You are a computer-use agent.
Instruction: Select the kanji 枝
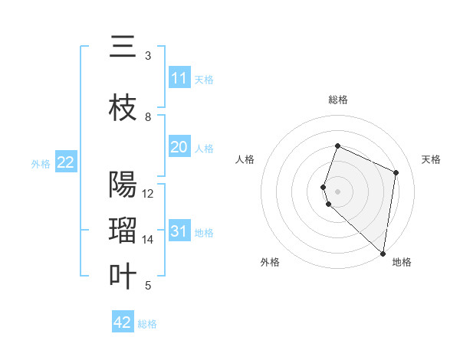point(123,109)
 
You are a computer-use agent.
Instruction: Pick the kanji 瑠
point(123,231)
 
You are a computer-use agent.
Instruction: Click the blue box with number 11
point(179,78)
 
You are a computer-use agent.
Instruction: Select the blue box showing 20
point(179,147)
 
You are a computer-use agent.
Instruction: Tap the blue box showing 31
point(179,231)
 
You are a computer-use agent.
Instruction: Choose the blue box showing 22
point(66,162)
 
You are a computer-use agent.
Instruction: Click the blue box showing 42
point(123,322)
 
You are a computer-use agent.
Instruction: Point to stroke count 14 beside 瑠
point(148,240)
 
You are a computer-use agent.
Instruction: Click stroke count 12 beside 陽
point(148,194)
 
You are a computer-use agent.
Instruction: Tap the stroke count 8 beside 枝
point(148,117)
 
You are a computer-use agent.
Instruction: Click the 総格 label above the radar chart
point(338,100)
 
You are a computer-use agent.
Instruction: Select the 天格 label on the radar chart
point(432,159)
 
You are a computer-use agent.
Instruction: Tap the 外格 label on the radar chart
point(270,262)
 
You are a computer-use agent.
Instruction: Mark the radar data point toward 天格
point(396,172)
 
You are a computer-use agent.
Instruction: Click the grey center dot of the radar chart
point(338,191)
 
